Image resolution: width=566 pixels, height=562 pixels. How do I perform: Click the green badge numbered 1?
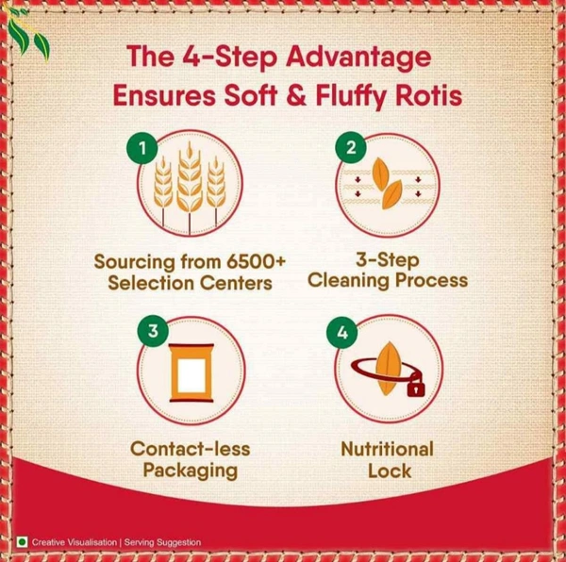(x=142, y=148)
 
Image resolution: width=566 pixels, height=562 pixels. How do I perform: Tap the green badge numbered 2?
(x=351, y=147)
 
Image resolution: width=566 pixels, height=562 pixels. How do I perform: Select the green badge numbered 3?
(x=153, y=331)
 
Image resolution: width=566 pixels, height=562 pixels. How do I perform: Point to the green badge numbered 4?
(x=342, y=333)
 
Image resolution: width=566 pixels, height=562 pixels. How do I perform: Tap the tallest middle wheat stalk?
(x=190, y=187)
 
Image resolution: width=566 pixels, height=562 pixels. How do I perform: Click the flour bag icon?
(x=191, y=372)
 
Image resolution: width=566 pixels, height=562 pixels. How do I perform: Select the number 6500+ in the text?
(x=256, y=261)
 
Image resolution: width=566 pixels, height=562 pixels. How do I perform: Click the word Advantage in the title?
(x=358, y=57)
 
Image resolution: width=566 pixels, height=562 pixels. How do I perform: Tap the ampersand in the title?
(x=296, y=95)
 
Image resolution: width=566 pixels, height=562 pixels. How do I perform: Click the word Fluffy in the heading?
(x=351, y=97)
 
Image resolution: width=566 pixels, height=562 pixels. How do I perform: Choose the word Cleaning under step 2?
(x=349, y=281)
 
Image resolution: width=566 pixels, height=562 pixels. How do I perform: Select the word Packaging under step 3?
(x=191, y=471)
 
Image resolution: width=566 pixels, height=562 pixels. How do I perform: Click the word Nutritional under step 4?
(x=388, y=449)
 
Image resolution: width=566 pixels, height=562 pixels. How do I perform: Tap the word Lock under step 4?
(x=390, y=471)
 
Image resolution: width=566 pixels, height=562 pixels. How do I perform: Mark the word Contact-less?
(x=191, y=449)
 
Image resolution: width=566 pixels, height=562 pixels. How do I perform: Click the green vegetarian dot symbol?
(x=22, y=542)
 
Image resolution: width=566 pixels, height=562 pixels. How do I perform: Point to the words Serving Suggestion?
(x=162, y=542)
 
